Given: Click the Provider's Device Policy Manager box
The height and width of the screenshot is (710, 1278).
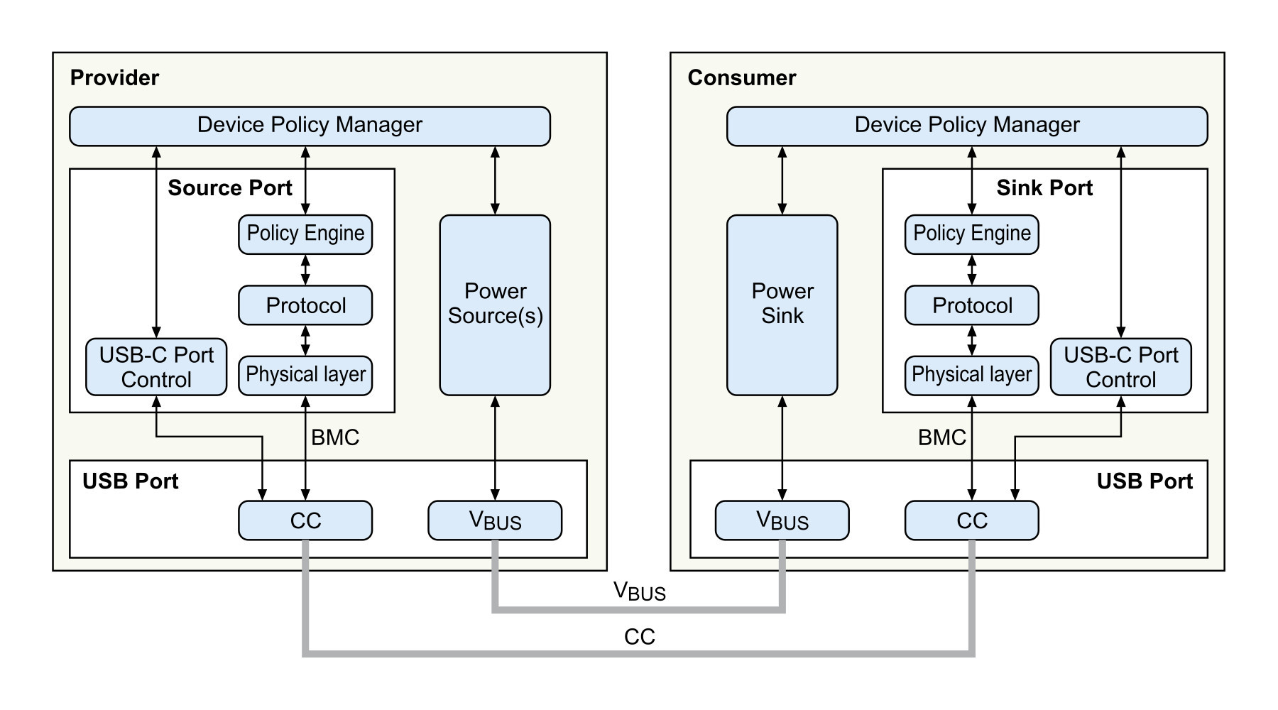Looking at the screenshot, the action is pyautogui.click(x=310, y=126).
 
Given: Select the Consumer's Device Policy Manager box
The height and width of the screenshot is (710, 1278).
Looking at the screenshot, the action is pyautogui.click(x=967, y=126).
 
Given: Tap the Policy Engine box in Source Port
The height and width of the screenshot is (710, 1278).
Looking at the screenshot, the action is pyautogui.click(x=305, y=234).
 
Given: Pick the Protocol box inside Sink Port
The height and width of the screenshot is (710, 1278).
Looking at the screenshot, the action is pyautogui.click(x=972, y=305).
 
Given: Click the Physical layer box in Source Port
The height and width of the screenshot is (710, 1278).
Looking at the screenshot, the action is pyautogui.click(x=305, y=376).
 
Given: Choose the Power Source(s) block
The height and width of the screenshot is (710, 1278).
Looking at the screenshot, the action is pyautogui.click(x=495, y=305).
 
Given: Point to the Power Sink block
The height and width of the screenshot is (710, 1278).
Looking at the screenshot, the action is pyautogui.click(x=782, y=305).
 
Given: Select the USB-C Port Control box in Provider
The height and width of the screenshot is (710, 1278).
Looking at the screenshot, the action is pyautogui.click(x=156, y=367).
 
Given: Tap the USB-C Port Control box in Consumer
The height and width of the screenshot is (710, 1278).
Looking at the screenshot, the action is pyautogui.click(x=1121, y=367).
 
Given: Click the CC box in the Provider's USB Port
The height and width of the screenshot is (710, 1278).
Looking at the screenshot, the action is pyautogui.click(x=305, y=520).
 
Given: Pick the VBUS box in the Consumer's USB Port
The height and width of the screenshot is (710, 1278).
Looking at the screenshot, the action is pyautogui.click(x=782, y=520).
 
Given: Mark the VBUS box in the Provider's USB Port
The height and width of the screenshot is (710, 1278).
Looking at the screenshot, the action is pyautogui.click(x=495, y=520).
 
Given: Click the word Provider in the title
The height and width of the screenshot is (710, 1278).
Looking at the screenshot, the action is pyautogui.click(x=114, y=77).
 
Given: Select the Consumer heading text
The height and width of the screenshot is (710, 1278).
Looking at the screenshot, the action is pyautogui.click(x=742, y=77).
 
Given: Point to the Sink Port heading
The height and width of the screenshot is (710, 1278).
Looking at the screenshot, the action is pyautogui.click(x=1044, y=187).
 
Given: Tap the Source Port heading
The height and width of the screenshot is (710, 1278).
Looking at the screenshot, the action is pyautogui.click(x=230, y=187).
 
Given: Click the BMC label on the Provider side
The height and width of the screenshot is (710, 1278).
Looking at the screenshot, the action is pyautogui.click(x=335, y=437).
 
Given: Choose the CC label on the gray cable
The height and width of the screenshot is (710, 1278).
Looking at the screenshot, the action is pyautogui.click(x=640, y=637).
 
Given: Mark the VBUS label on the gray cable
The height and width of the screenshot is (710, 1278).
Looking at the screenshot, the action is pyautogui.click(x=640, y=592).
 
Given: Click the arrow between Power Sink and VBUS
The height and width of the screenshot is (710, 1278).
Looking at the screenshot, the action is pyautogui.click(x=782, y=448).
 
